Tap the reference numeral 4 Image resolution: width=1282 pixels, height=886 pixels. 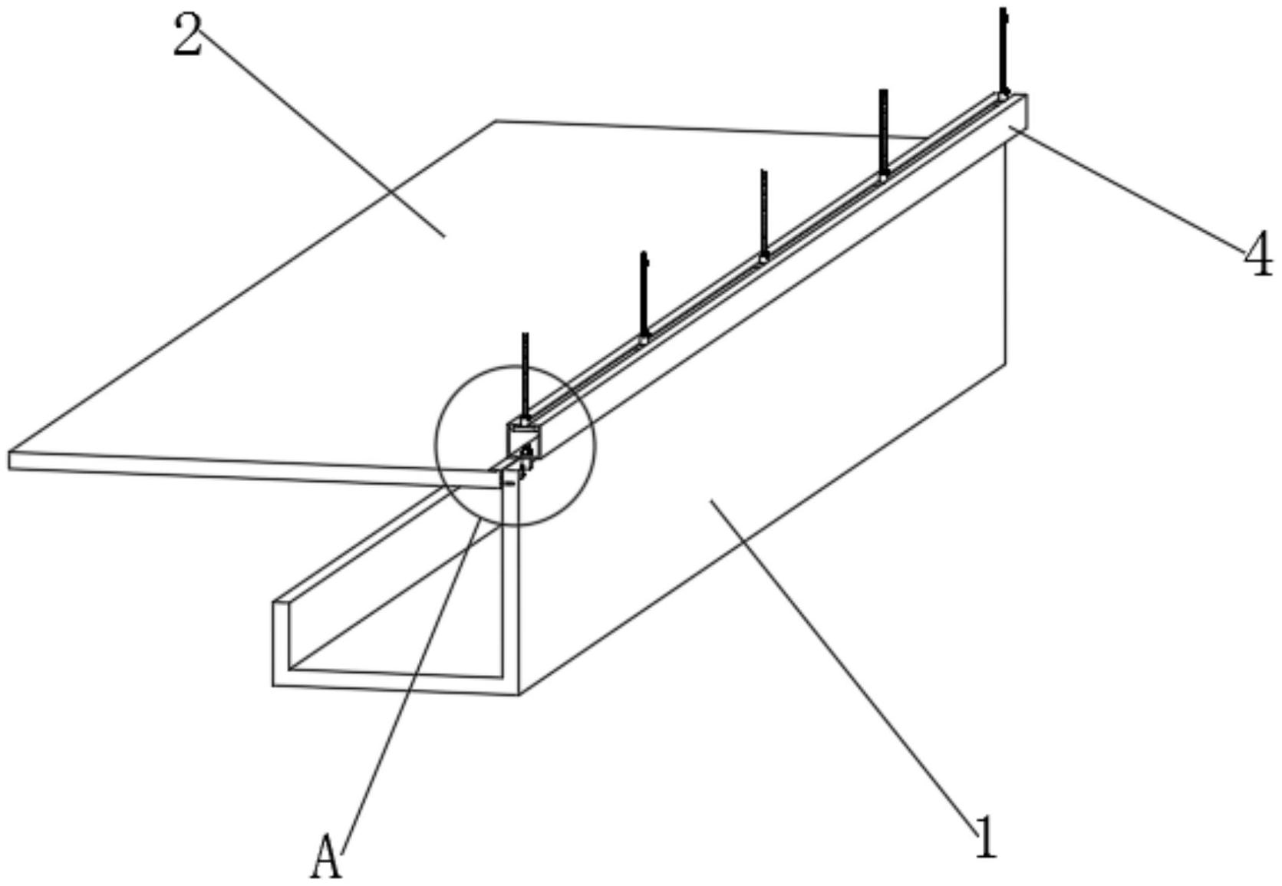tap(1257, 256)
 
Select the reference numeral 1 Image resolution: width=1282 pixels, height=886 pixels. tap(986, 836)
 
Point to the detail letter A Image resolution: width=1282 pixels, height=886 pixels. tap(327, 858)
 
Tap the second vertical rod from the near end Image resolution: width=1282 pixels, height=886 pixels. tap(644, 295)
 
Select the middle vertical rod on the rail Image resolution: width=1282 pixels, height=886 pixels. tap(763, 215)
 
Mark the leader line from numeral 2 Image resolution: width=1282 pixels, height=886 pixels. tap(322, 134)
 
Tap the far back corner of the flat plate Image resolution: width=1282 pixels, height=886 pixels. tap(496, 121)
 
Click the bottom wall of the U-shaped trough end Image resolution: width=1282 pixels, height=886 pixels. tap(395, 682)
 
